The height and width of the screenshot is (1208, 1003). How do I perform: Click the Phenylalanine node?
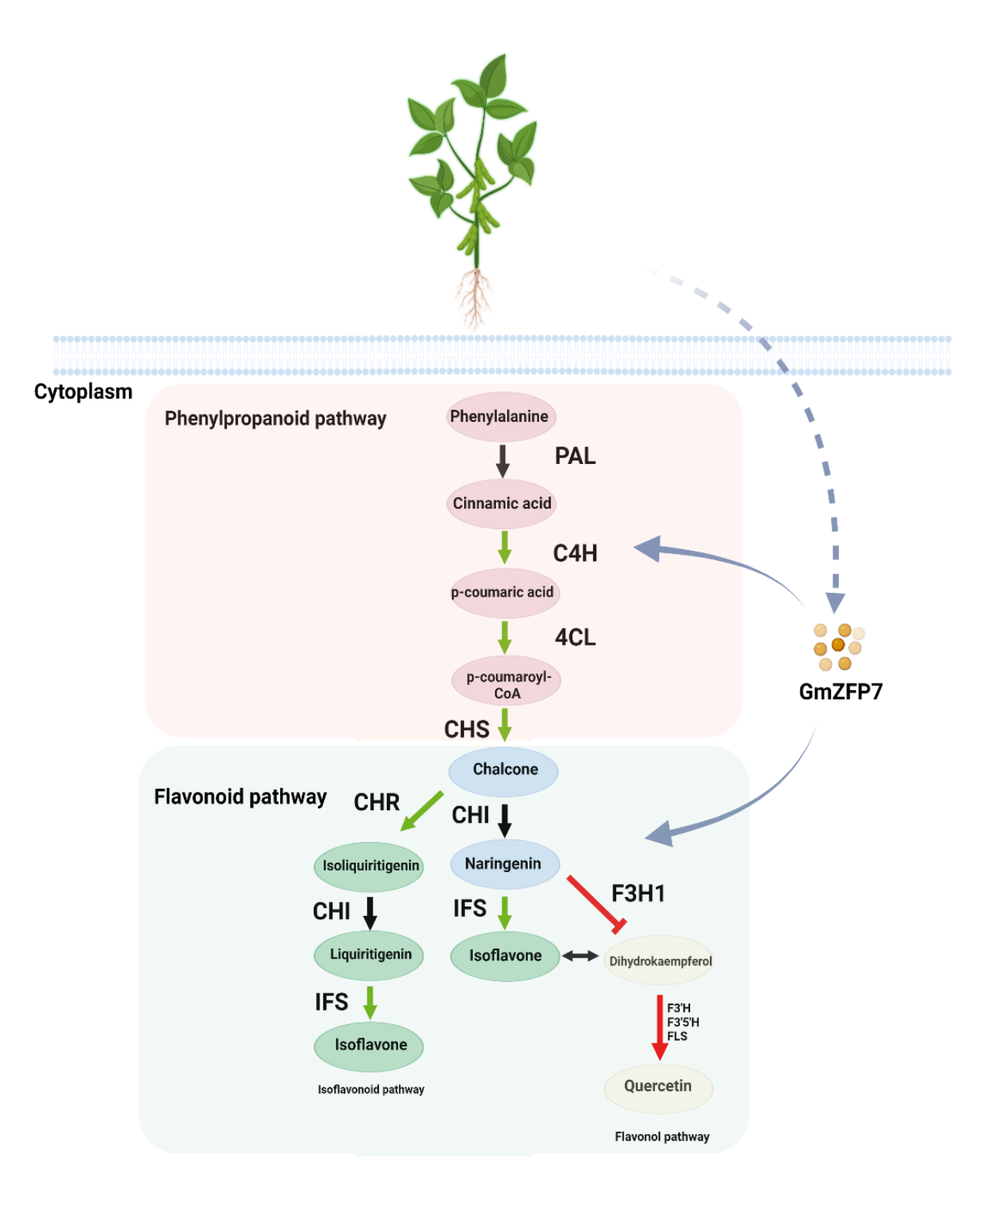click(x=500, y=416)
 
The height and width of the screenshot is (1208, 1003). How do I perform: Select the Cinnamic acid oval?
click(x=501, y=504)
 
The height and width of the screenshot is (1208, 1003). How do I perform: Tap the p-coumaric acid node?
click(x=503, y=593)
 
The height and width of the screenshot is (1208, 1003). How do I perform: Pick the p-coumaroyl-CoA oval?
click(x=507, y=681)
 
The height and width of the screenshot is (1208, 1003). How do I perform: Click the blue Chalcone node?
click(x=504, y=770)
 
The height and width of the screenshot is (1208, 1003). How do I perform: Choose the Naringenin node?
click(x=504, y=864)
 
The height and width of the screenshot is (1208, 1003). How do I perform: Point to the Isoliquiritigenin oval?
click(x=369, y=866)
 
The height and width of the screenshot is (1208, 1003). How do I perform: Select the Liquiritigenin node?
click(x=369, y=955)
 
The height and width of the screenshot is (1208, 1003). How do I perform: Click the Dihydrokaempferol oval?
click(x=659, y=961)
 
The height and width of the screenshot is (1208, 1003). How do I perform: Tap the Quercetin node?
click(x=658, y=1087)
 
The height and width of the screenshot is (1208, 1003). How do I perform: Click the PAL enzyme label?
click(x=575, y=456)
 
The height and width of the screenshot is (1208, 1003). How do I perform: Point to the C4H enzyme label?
click(x=575, y=553)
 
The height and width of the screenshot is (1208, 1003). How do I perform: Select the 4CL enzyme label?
click(x=575, y=637)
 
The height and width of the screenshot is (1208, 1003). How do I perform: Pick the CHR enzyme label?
click(x=377, y=802)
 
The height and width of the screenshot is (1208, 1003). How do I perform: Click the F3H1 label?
click(x=638, y=894)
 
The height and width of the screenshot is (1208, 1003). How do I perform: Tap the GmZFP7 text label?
click(x=841, y=692)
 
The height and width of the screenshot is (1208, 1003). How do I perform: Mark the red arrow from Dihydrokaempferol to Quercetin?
click(x=659, y=1027)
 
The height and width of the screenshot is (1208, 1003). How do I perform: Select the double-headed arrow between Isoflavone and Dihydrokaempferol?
click(x=580, y=956)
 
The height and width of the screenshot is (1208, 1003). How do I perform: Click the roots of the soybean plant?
click(x=474, y=298)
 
